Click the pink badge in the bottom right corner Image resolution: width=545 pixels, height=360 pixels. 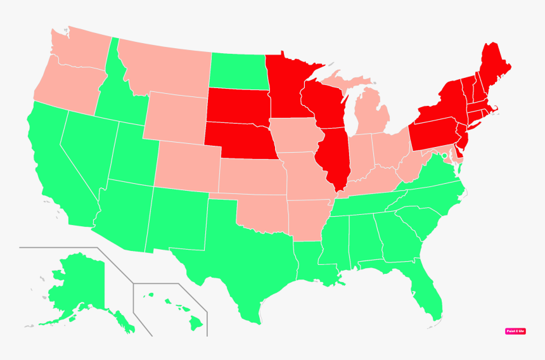coord(515,331)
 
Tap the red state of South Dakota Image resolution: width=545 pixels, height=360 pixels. coord(238,105)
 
